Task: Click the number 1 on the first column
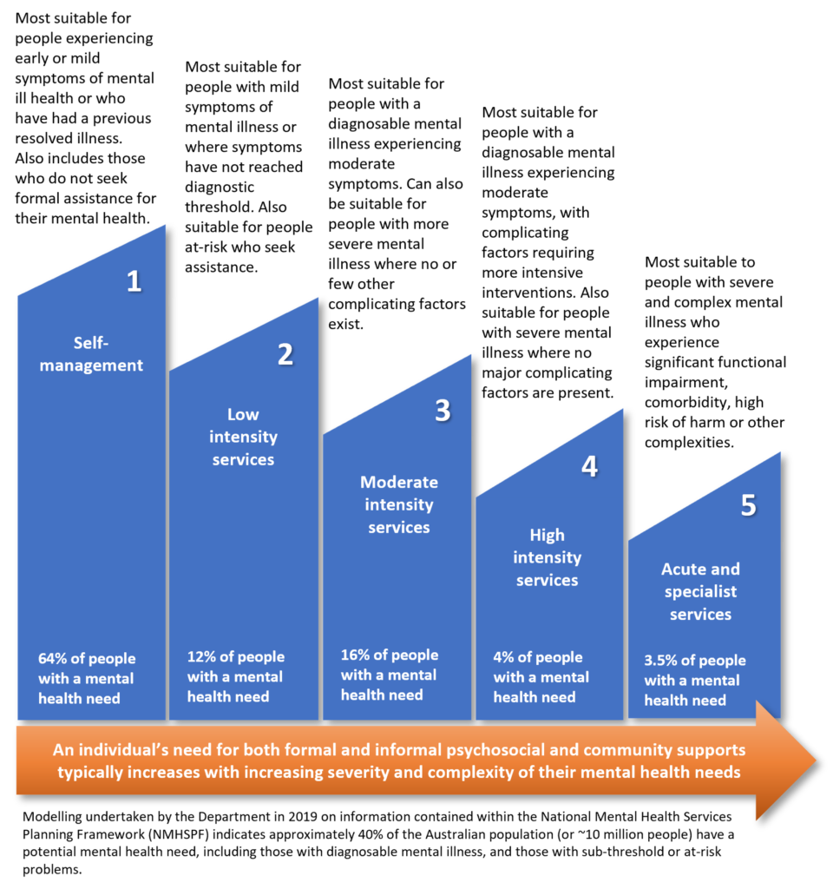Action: (x=134, y=281)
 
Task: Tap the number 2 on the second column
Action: (x=285, y=354)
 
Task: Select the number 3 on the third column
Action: (x=443, y=411)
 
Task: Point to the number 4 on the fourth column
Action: (x=589, y=467)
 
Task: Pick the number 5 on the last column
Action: (x=748, y=506)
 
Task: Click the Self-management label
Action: (x=91, y=354)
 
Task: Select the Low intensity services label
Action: (x=243, y=437)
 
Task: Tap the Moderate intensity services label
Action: (x=399, y=504)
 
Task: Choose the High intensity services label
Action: (x=547, y=557)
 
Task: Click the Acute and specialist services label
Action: (x=700, y=591)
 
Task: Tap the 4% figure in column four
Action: (x=504, y=657)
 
